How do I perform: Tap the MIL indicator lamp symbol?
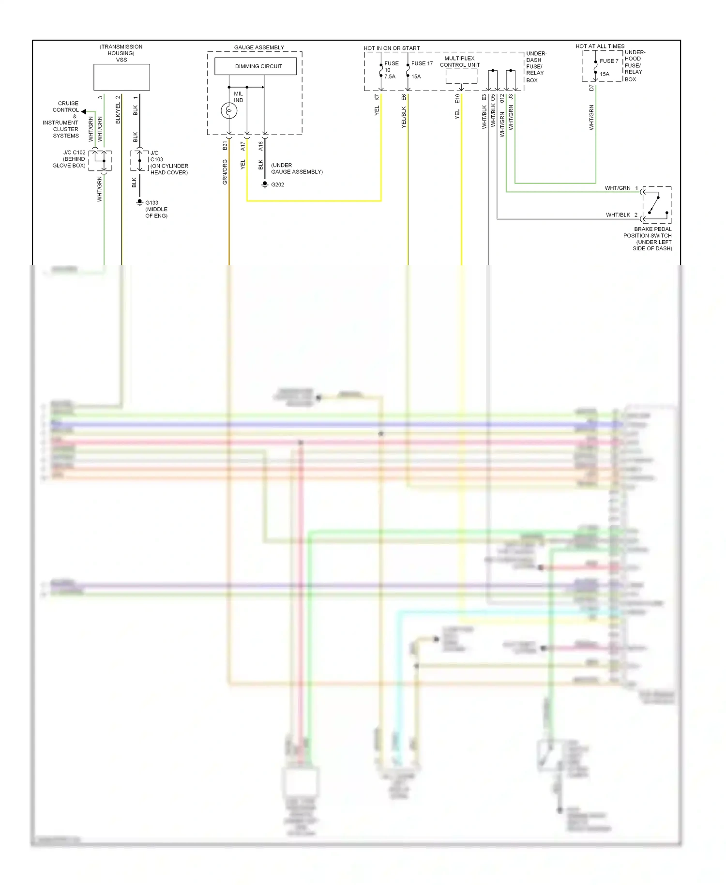[x=229, y=111]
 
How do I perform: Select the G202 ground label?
[x=277, y=184]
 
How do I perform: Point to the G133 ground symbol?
[x=140, y=202]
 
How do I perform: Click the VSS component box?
[x=121, y=77]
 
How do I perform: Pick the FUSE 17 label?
[x=422, y=63]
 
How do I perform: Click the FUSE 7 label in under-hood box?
[x=609, y=61]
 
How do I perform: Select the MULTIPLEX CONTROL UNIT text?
[x=459, y=61]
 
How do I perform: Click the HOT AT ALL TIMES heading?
[x=600, y=46]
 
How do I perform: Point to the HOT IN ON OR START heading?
[x=392, y=48]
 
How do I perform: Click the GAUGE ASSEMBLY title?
[x=259, y=47]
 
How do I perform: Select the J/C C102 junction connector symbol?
[x=100, y=161]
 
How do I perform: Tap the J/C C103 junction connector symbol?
[x=139, y=161]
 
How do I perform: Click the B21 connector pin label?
[x=225, y=145]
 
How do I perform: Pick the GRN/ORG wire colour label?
[x=225, y=172]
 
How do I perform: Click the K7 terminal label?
[x=377, y=98]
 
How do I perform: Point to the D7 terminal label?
[x=591, y=88]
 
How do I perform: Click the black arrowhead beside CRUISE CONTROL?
[x=84, y=111]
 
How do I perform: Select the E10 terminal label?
[x=457, y=99]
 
